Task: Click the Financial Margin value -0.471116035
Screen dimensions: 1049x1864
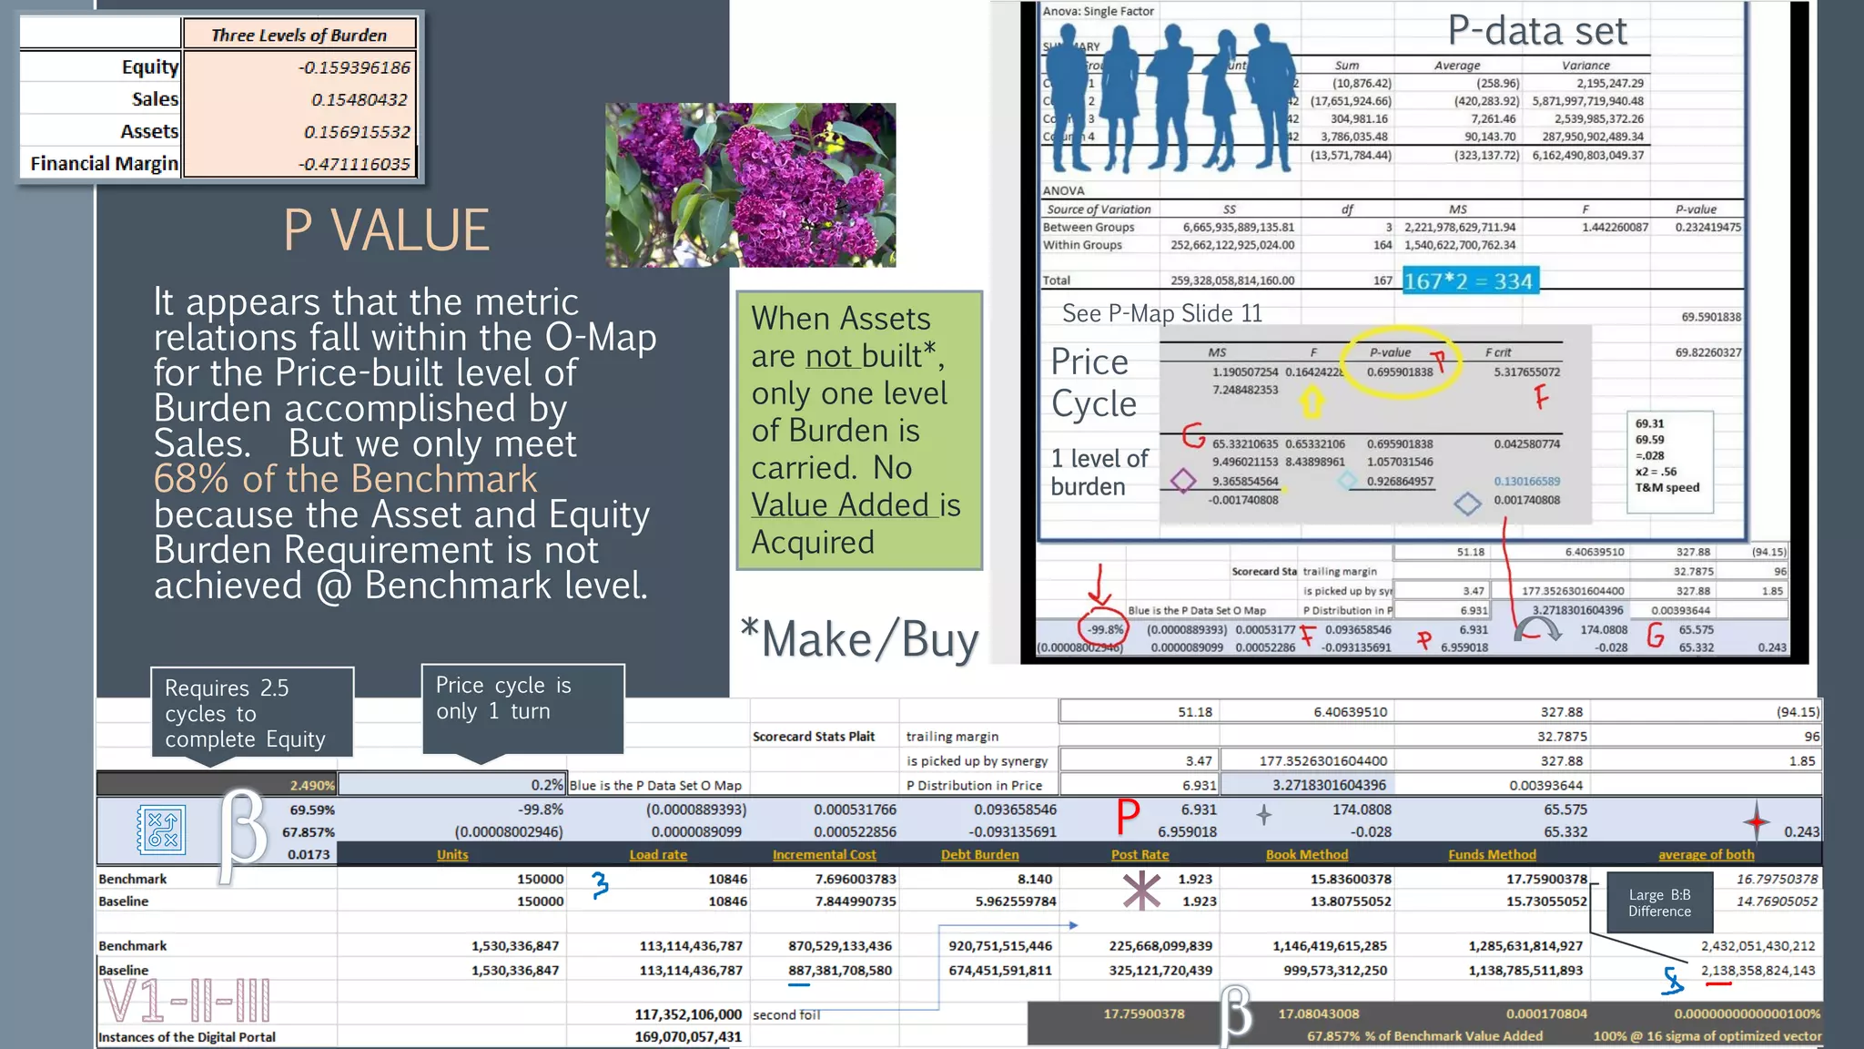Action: (355, 164)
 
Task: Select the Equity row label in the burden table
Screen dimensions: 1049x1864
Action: (150, 66)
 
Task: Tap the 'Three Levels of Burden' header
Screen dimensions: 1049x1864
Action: (299, 35)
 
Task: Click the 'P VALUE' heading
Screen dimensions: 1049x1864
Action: (386, 229)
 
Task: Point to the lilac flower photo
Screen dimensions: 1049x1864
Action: (750, 184)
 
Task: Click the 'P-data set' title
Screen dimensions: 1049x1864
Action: (1536, 31)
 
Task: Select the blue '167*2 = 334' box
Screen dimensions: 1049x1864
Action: (1468, 281)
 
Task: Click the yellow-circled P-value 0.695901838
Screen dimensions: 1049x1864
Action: (1400, 372)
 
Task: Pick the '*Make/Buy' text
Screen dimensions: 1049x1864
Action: (859, 639)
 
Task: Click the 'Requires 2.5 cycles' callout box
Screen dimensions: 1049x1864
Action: (251, 713)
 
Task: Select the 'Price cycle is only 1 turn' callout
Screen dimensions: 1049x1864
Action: (522, 708)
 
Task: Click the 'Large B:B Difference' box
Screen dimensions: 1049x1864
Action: (1659, 902)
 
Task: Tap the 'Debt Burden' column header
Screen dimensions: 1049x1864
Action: (979, 854)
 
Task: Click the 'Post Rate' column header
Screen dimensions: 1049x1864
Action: (1140, 854)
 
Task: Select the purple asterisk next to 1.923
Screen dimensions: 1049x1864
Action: (1141, 891)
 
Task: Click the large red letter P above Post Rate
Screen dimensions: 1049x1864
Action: (1128, 816)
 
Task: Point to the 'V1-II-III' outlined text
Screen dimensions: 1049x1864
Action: (187, 1001)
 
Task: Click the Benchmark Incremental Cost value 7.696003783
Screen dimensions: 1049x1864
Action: (842, 879)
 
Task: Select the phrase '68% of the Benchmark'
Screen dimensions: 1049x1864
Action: (345, 479)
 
